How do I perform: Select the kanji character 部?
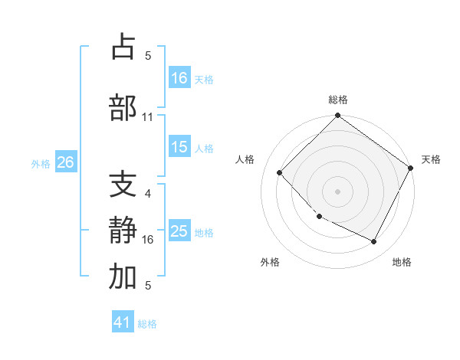point(123,108)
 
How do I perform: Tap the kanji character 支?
point(123,185)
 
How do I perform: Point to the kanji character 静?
point(123,231)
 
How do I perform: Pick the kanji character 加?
point(123,277)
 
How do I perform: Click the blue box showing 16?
point(179,77)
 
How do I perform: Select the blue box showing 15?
point(179,147)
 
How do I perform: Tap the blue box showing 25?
point(179,231)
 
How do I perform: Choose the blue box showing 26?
point(65,162)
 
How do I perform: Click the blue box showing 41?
point(123,322)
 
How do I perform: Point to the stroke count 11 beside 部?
point(148,117)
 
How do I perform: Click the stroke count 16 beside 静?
point(148,240)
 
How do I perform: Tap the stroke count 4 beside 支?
point(148,194)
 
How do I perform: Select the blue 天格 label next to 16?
point(204,79)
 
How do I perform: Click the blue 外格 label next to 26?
point(41,163)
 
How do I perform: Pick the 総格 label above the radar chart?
point(337,100)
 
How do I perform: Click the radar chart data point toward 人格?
point(280,172)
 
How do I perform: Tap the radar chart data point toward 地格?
point(374,241)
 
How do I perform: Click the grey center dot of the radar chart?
point(337,191)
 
